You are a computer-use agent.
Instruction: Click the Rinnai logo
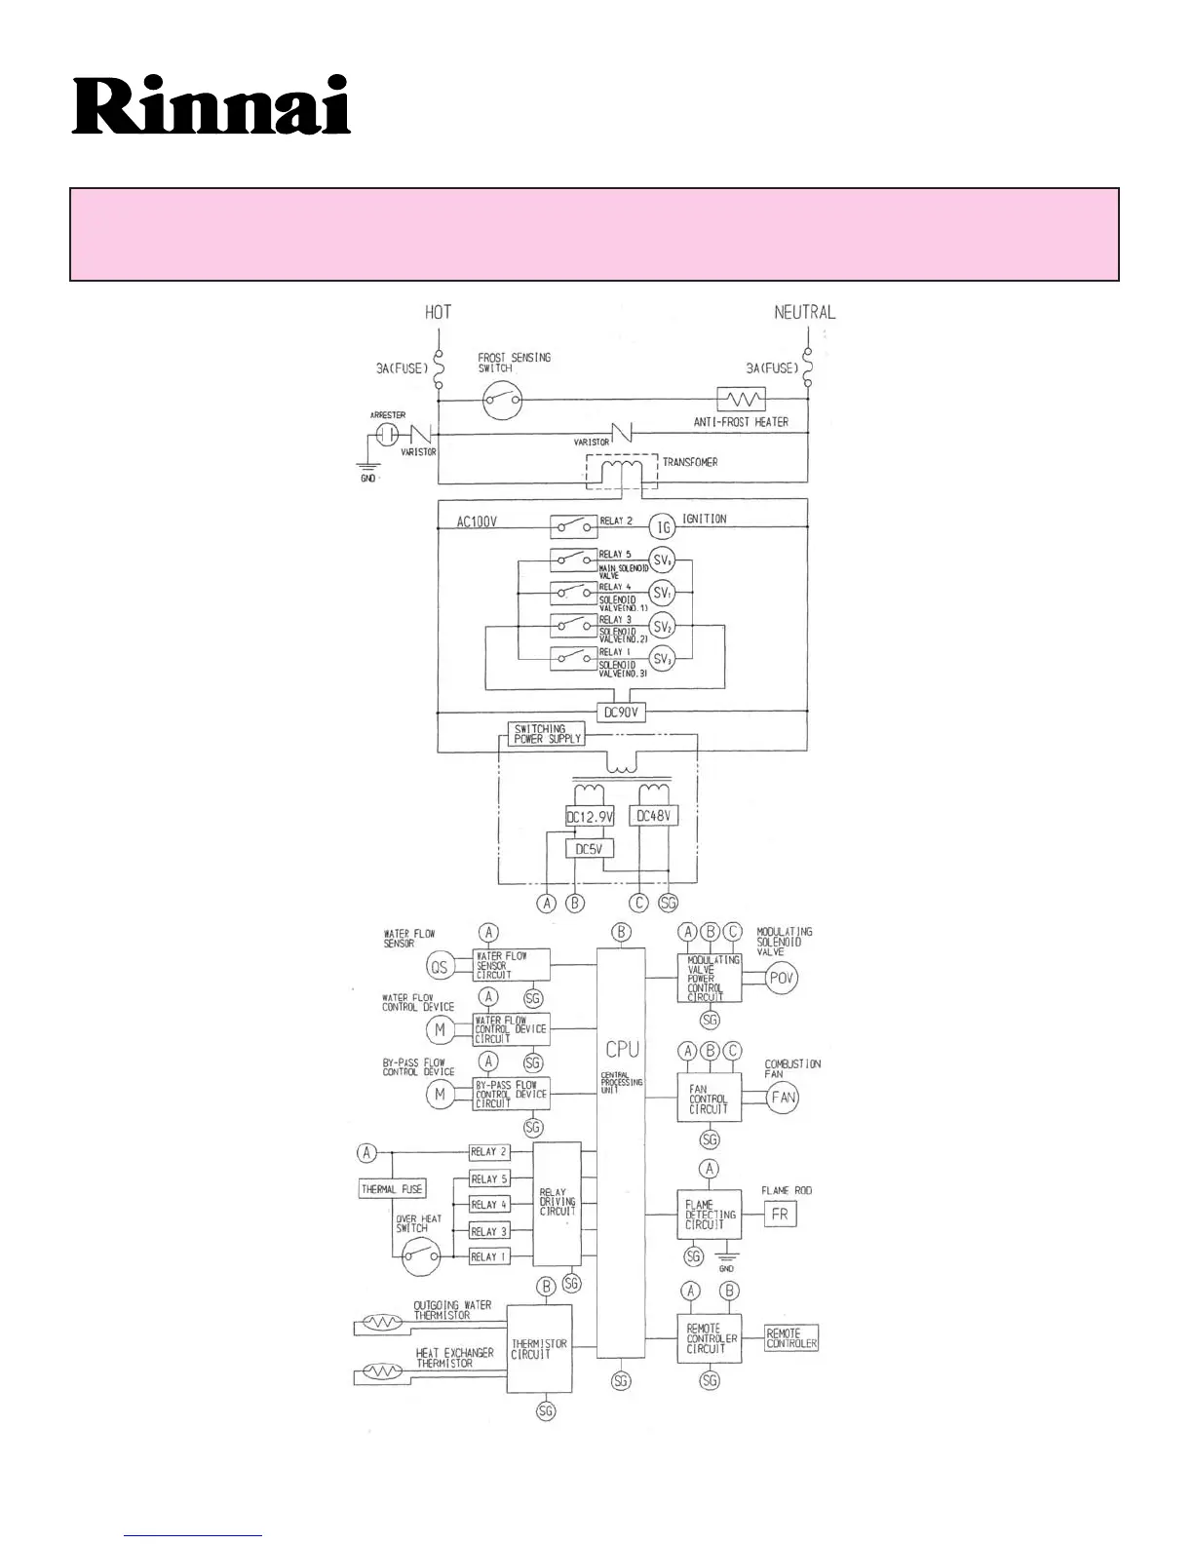(x=212, y=105)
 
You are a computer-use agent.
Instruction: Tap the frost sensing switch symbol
(x=504, y=397)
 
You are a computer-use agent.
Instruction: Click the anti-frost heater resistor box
(x=741, y=399)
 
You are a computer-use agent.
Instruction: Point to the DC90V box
(x=621, y=713)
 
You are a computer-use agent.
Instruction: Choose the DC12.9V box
(x=590, y=817)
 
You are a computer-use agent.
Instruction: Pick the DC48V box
(x=654, y=815)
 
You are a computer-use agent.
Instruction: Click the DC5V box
(x=590, y=849)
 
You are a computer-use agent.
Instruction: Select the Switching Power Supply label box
(x=547, y=734)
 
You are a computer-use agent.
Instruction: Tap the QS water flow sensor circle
(x=440, y=966)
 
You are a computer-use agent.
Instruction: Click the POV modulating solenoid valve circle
(x=782, y=978)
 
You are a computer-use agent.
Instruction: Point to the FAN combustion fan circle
(x=783, y=1097)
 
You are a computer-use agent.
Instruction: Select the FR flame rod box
(x=780, y=1215)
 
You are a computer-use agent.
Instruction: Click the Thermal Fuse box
(x=392, y=1189)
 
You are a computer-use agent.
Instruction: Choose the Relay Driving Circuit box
(x=558, y=1202)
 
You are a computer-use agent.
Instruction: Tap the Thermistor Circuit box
(x=539, y=1349)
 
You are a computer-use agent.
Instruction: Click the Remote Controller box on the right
(x=790, y=1338)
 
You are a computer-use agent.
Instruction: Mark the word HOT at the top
(x=439, y=312)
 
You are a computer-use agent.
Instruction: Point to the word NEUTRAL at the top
(x=805, y=312)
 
